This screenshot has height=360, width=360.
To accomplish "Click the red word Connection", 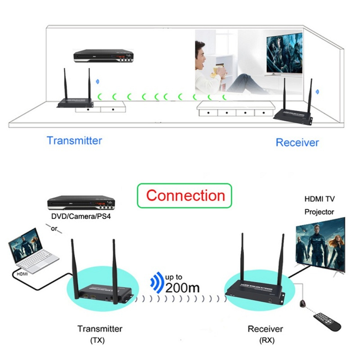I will [185, 196].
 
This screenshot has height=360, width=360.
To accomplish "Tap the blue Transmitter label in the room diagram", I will [74, 140].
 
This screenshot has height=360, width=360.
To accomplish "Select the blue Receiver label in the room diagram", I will [297, 143].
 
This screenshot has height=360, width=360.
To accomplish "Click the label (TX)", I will [97, 340].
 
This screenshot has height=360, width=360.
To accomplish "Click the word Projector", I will [319, 211].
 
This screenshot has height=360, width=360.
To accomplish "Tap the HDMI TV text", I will [319, 198].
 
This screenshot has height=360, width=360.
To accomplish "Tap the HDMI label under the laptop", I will [22, 273].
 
